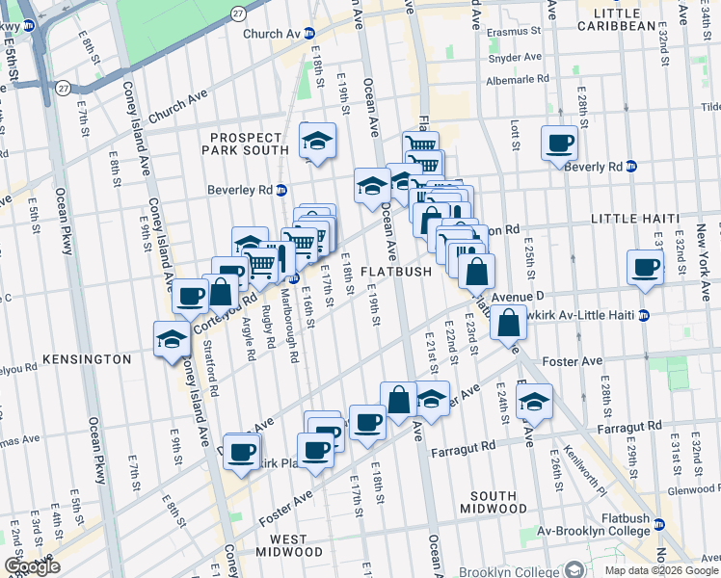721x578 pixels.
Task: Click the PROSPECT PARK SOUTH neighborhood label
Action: pyautogui.click(x=247, y=144)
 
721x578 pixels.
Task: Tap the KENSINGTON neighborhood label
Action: pyautogui.click(x=86, y=358)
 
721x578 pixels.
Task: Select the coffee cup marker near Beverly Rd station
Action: pyautogui.click(x=558, y=144)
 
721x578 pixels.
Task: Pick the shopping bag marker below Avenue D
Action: pyautogui.click(x=507, y=323)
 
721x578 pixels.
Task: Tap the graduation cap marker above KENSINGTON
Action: pyautogui.click(x=172, y=338)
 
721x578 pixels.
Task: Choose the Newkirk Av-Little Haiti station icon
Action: pyautogui.click(x=643, y=315)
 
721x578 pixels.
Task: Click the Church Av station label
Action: pyautogui.click(x=273, y=33)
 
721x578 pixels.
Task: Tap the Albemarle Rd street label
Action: pyautogui.click(x=516, y=79)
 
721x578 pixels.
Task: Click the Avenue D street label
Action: pyautogui.click(x=518, y=297)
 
